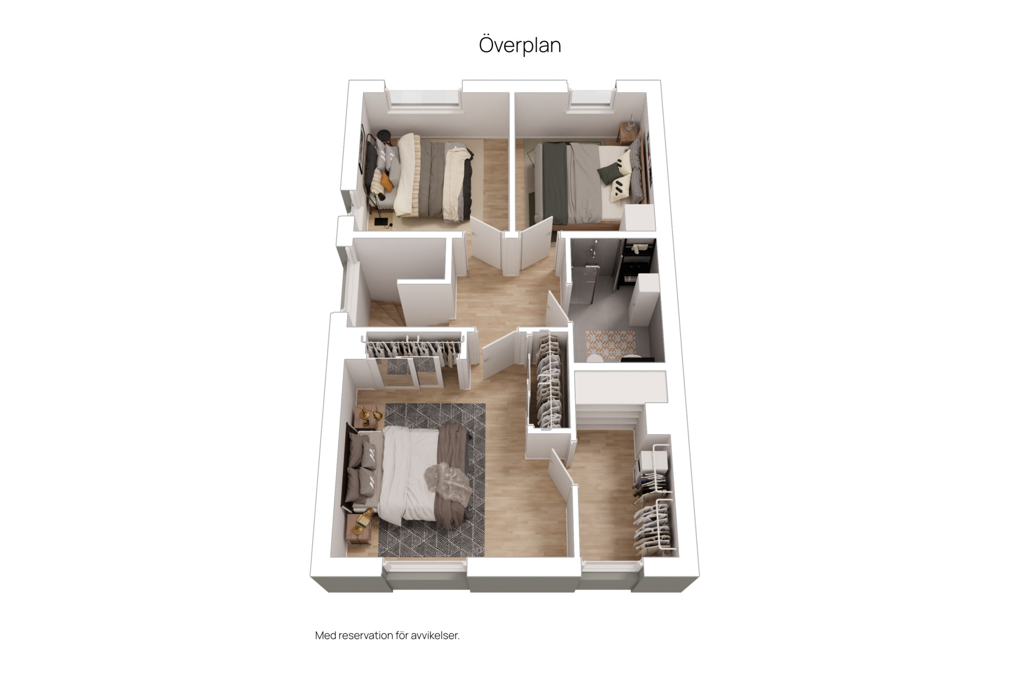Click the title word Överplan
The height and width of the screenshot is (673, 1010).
pyautogui.click(x=520, y=45)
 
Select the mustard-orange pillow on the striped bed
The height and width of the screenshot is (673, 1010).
pyautogui.click(x=387, y=182)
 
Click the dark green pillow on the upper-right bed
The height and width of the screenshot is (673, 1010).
pyautogui.click(x=609, y=173)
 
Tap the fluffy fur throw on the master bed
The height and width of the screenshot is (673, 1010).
pyautogui.click(x=448, y=481)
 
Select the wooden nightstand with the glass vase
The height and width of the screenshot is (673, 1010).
pyautogui.click(x=628, y=133)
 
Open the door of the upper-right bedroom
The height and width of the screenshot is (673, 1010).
pyautogui.click(x=537, y=242)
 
